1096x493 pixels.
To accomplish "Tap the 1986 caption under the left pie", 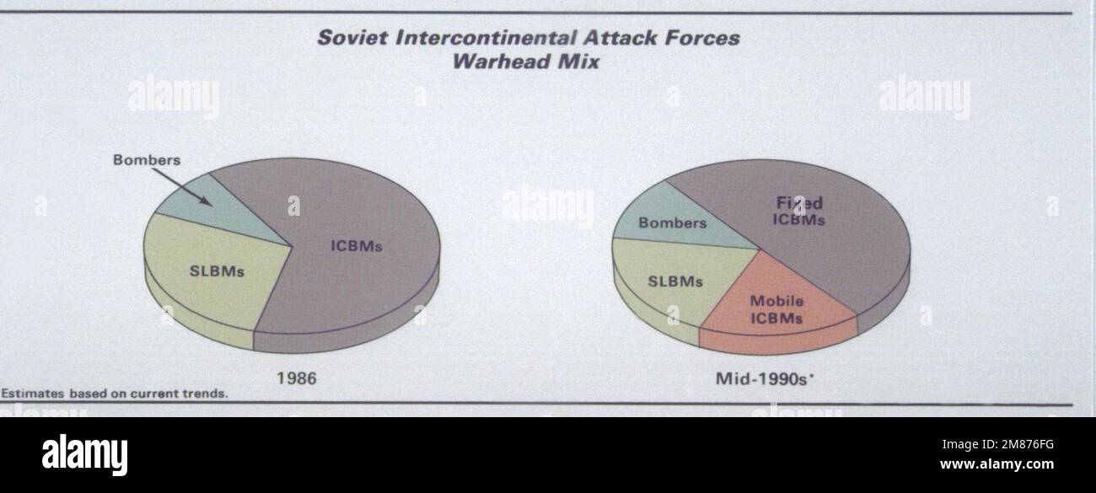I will click(297, 378).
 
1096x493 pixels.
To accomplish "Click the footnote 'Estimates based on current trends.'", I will click(115, 394).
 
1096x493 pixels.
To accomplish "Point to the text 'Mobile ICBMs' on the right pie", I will click(776, 309).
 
